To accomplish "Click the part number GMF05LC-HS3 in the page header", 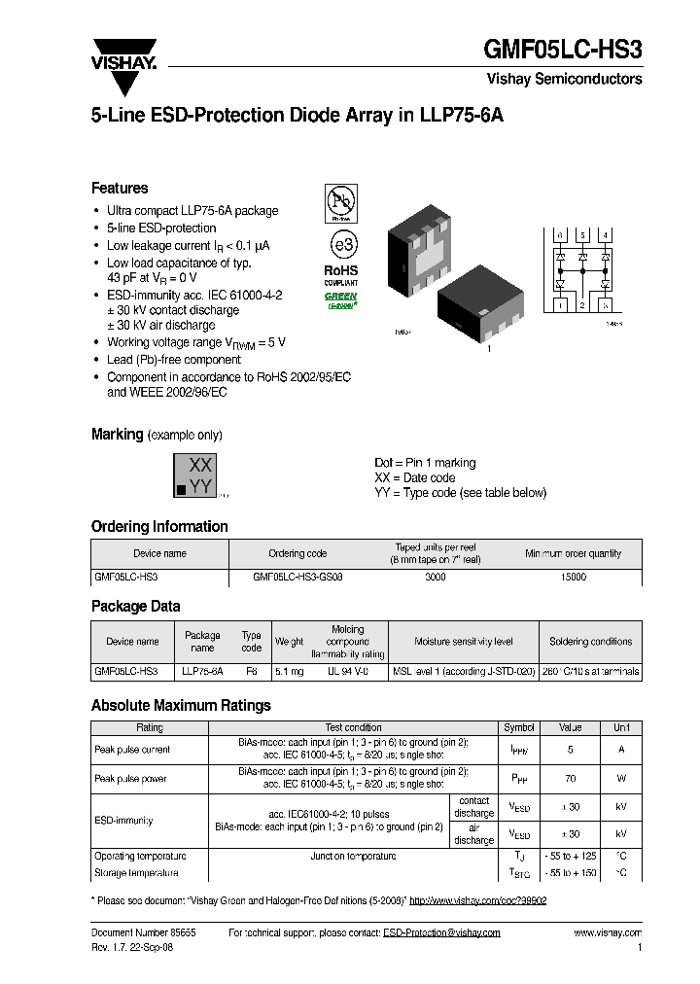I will [x=564, y=50].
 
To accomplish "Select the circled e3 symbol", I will [x=339, y=243].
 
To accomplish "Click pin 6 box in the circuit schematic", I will [x=560, y=236].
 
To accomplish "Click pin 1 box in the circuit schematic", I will [x=560, y=305].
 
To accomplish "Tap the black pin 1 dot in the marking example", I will [x=181, y=489].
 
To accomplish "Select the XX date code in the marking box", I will [x=200, y=465].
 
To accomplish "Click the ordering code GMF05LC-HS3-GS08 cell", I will [x=297, y=577].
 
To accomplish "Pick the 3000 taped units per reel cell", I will [x=436, y=577].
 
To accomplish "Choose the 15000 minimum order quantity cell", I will [x=574, y=577].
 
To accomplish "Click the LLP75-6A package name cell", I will [x=202, y=671].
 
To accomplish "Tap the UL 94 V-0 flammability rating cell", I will [x=347, y=671].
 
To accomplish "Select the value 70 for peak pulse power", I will [x=570, y=779].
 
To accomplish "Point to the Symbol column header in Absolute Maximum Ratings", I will [x=518, y=727].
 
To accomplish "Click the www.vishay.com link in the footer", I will [x=608, y=932].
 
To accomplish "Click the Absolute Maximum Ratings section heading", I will [x=181, y=706].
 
